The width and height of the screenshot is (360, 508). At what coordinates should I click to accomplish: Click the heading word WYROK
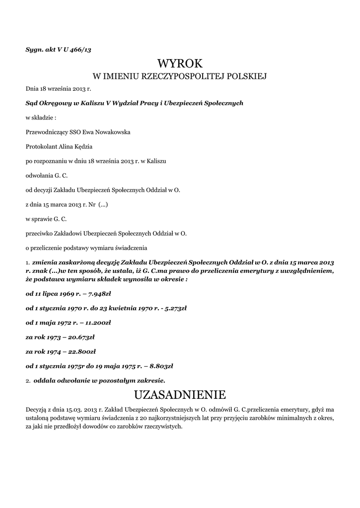pos(180,63)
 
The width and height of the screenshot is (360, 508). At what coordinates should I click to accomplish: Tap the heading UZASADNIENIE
pos(180,395)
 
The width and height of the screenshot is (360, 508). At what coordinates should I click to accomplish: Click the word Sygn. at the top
pos(34,50)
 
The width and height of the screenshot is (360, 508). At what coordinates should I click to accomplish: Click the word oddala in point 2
pos(45,381)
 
